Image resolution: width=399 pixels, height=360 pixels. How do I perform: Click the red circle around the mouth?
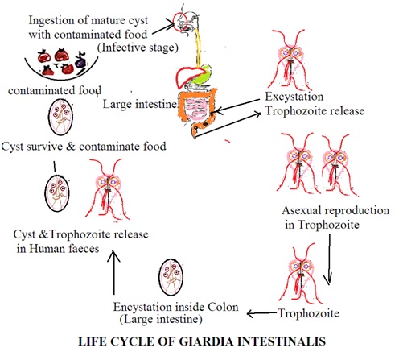point(173,21)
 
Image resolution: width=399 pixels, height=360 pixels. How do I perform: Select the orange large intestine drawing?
point(182,107)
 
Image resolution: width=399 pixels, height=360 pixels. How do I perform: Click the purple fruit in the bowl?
point(80,61)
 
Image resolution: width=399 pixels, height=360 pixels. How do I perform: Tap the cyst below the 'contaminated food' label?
point(60,118)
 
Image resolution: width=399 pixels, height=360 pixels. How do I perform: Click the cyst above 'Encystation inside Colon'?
point(171,277)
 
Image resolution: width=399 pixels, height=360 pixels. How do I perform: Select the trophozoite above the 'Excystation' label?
point(290,60)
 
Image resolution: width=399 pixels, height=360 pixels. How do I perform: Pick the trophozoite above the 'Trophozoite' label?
point(300,274)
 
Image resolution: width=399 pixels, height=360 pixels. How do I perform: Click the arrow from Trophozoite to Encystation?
point(261,313)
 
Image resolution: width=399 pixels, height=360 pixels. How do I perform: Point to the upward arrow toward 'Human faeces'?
point(114,272)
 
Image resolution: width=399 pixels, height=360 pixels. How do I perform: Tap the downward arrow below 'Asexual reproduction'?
point(329,259)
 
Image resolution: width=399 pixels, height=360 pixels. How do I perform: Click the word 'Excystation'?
point(294,97)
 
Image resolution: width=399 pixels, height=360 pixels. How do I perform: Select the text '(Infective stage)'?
point(138,48)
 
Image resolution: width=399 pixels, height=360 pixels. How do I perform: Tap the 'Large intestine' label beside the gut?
point(140,104)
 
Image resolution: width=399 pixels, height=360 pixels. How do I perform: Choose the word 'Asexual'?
point(302,210)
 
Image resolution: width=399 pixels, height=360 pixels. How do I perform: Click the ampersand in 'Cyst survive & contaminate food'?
point(71,147)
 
